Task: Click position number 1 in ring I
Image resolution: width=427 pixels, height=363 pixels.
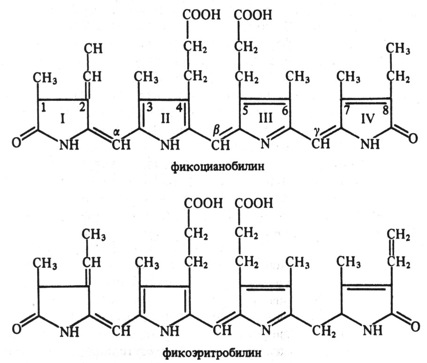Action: click(x=44, y=107)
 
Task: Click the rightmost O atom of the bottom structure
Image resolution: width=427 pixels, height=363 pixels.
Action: click(x=413, y=324)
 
